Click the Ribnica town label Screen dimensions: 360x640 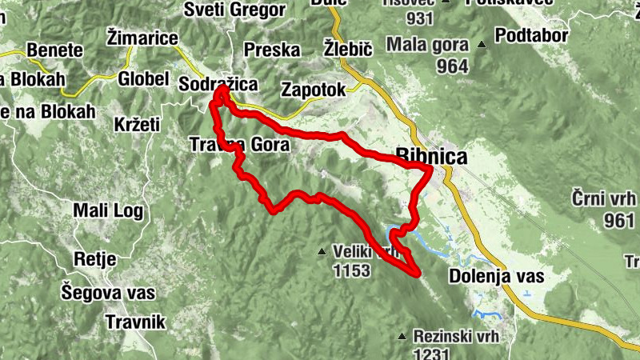(432, 157)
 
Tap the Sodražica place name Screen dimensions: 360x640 (218, 83)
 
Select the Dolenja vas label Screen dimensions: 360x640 (496, 277)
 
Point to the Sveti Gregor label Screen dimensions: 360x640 (234, 10)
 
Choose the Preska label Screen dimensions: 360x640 (272, 50)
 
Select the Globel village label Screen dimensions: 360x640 (143, 79)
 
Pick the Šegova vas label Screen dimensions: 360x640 (108, 293)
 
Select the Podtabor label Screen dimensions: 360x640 (531, 36)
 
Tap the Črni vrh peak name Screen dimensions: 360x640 (604, 198)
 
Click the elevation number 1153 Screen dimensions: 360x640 (353, 271)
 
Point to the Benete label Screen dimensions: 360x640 (54, 50)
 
